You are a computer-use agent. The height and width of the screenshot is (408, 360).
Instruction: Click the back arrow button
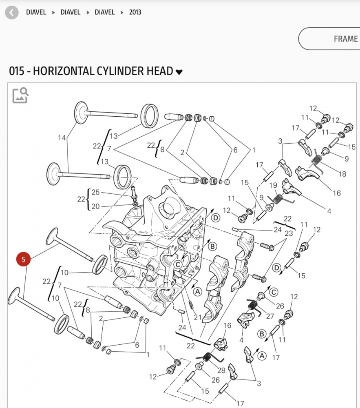click(x=12, y=12)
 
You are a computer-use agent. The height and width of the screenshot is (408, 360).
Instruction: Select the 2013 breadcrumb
click(x=135, y=12)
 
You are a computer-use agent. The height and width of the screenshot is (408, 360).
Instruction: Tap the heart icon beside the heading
click(x=179, y=72)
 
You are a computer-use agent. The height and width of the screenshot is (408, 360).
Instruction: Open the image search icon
click(x=20, y=95)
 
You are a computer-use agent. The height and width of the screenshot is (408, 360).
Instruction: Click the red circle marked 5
click(x=23, y=259)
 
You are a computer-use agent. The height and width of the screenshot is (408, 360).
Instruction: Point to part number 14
click(x=62, y=138)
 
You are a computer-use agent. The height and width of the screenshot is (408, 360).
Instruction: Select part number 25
click(x=95, y=192)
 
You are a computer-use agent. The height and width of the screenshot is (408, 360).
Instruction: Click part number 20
click(x=95, y=206)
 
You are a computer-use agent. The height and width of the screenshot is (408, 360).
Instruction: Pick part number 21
click(x=198, y=317)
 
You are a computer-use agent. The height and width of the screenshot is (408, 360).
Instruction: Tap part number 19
click(x=273, y=185)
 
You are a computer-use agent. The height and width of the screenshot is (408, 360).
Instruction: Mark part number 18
click(x=342, y=174)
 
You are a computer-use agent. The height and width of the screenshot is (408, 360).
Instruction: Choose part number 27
click(x=270, y=316)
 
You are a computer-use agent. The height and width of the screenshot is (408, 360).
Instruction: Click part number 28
click(x=221, y=370)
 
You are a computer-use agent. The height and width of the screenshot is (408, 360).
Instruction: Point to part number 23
click(x=288, y=234)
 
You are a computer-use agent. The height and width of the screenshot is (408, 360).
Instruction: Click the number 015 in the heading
click(x=17, y=71)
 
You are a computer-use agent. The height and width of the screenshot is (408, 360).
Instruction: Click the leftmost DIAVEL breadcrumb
click(x=36, y=12)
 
